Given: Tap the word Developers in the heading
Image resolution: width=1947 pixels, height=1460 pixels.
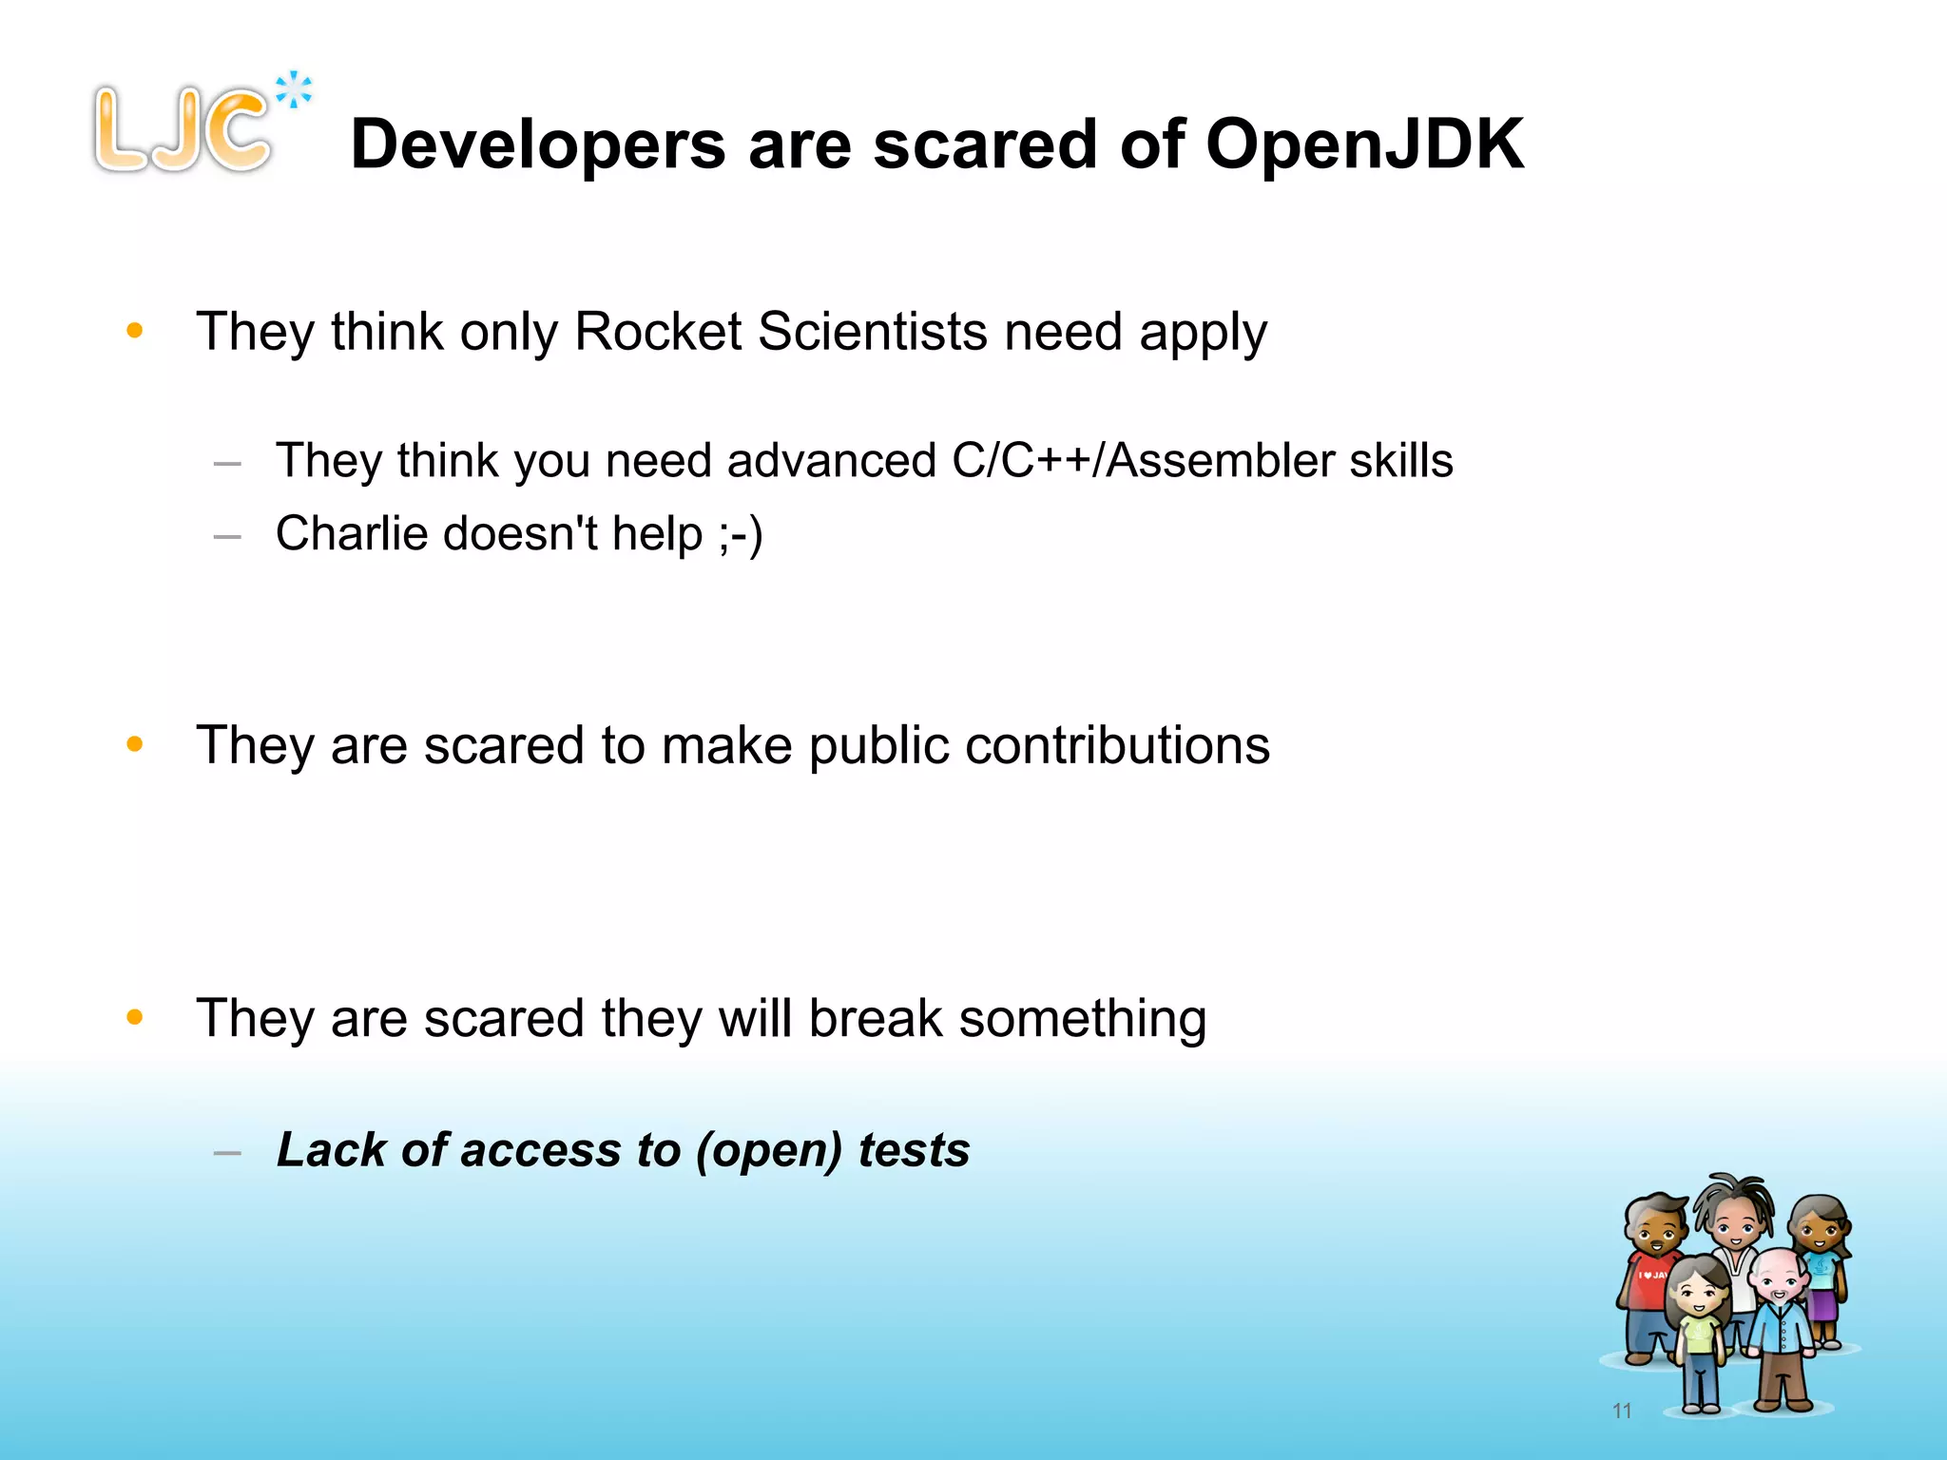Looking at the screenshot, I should pos(538,144).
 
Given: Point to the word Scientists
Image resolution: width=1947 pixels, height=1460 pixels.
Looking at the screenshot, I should pos(873,332).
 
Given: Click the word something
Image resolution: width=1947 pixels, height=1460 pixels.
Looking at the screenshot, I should pos(1083,1019).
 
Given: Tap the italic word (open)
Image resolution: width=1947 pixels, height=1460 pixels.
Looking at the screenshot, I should pos(768,1150).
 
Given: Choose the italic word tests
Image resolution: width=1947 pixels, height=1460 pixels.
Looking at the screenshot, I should pos(914,1150).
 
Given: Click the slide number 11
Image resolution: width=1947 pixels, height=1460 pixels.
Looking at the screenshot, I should pos(1622,1411).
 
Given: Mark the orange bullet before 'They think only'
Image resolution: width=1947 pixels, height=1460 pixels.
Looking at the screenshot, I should pos(135,331).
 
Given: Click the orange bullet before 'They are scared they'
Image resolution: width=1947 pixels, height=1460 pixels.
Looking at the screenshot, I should pos(135,1018).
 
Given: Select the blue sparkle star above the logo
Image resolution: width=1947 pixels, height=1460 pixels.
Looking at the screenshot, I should pos(294,90).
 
